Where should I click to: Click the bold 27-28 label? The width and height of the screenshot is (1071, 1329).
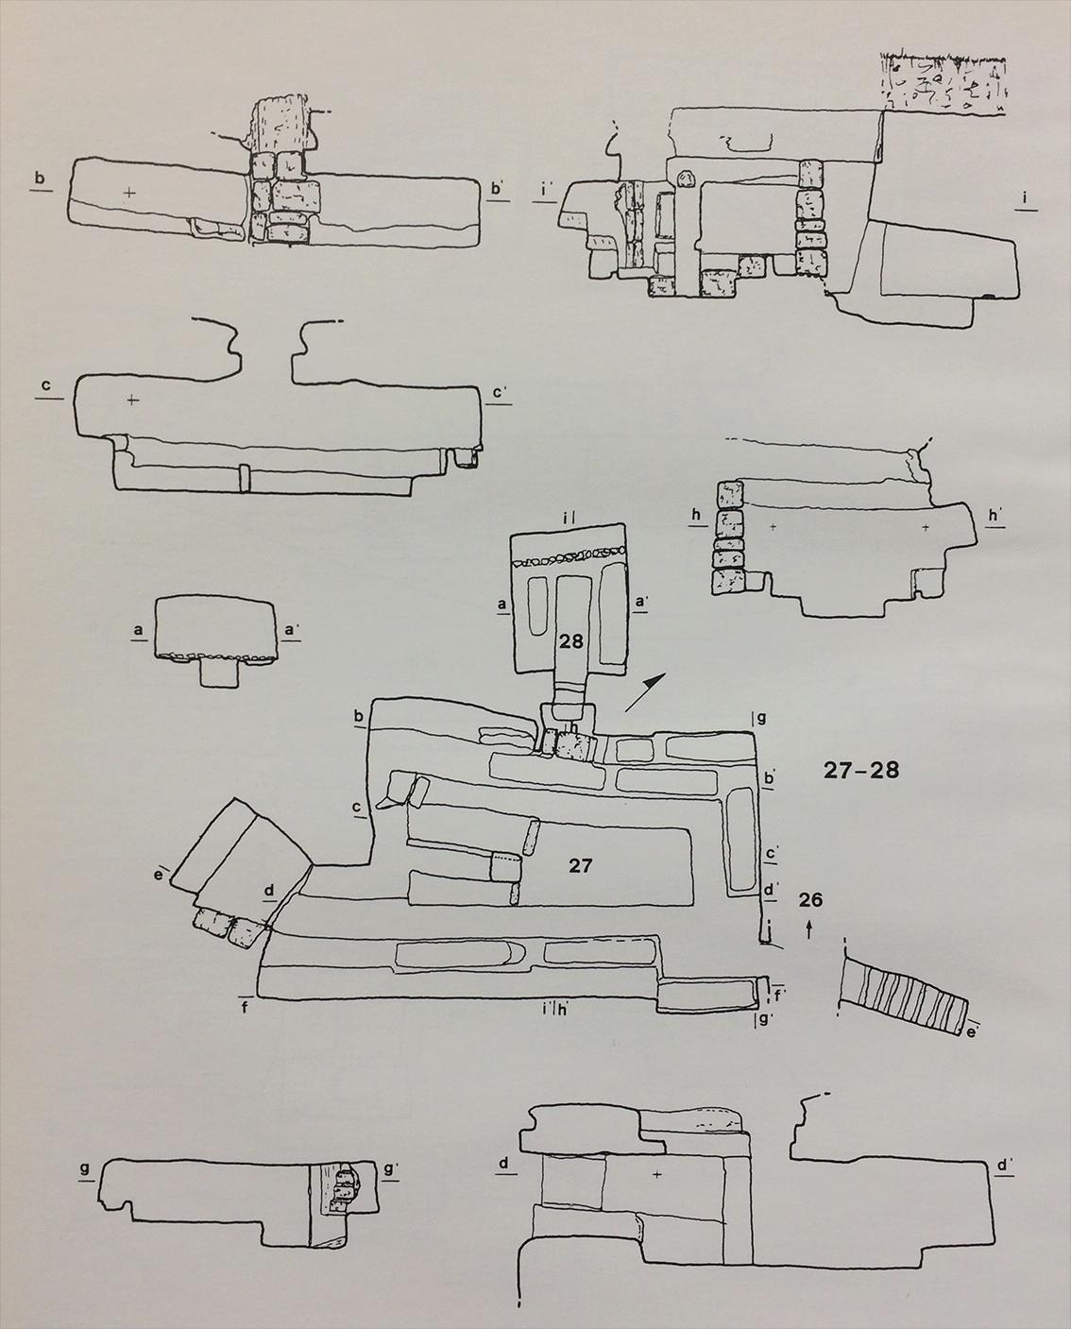point(859,770)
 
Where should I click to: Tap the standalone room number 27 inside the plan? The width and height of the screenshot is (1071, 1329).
point(580,864)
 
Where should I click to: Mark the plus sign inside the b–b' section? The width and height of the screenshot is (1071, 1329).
point(129,193)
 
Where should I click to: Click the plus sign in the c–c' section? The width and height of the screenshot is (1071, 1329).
point(131,400)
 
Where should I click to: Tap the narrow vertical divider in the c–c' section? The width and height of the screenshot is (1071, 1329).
point(243,478)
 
